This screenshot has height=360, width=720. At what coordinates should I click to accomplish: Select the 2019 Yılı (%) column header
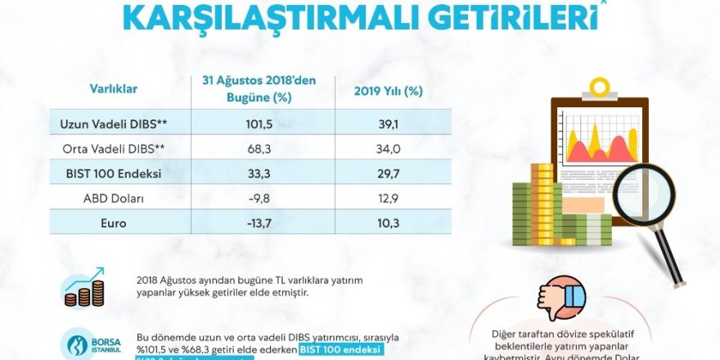point(388,91)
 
